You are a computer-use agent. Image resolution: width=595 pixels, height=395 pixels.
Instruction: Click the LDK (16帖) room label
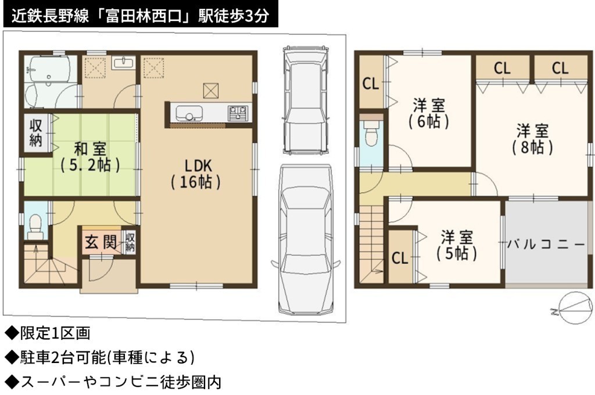click(x=196, y=174)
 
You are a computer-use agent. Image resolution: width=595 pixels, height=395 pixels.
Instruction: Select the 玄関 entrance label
click(x=100, y=242)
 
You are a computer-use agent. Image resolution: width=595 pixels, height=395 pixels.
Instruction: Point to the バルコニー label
click(x=546, y=244)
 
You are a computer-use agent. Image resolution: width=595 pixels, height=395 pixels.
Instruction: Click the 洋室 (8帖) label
click(x=532, y=139)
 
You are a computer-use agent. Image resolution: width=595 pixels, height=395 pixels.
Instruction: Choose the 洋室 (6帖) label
click(x=429, y=113)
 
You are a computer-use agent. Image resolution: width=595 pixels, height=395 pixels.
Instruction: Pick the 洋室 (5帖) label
click(x=457, y=245)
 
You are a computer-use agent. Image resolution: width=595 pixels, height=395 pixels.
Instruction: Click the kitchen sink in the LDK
click(x=189, y=113)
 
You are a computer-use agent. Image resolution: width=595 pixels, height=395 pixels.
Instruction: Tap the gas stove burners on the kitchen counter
click(x=238, y=113)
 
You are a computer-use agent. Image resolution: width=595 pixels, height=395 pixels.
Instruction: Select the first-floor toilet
click(x=35, y=226)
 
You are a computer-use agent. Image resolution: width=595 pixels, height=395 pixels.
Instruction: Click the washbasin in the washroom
click(x=123, y=63)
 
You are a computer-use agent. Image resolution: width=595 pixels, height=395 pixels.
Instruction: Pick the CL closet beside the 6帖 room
click(x=371, y=84)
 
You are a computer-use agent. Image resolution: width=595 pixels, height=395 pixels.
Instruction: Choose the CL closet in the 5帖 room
click(x=400, y=258)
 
